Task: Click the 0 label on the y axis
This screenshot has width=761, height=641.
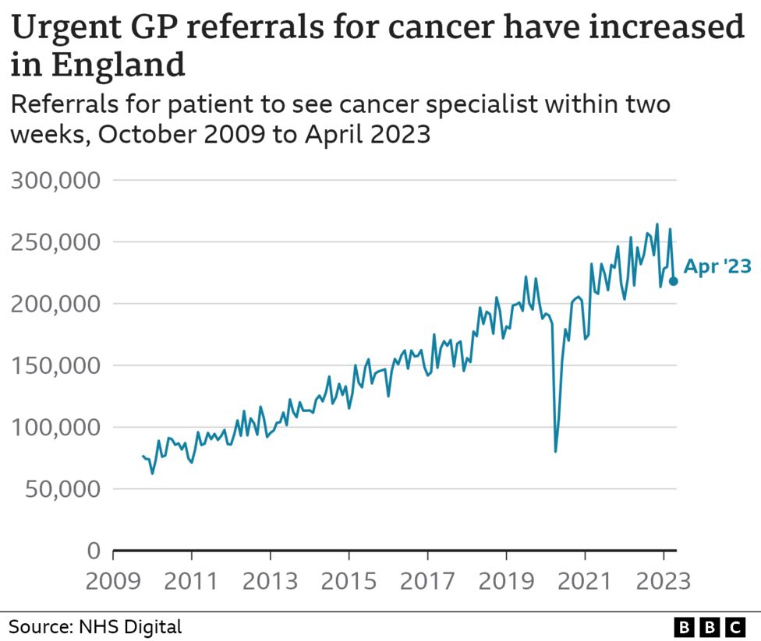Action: click(x=94, y=551)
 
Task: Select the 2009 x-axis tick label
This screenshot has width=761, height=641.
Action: click(x=113, y=581)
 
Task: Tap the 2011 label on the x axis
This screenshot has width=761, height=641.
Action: click(x=191, y=581)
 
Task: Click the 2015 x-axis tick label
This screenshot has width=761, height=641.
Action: click(x=349, y=581)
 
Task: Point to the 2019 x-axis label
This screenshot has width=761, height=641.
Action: click(x=506, y=581)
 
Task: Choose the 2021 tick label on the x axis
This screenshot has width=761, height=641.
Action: click(x=585, y=581)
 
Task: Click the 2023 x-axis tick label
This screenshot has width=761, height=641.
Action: click(x=663, y=581)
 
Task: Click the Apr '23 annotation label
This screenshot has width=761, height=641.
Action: click(x=717, y=267)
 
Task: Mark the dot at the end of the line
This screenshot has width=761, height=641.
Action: click(x=674, y=281)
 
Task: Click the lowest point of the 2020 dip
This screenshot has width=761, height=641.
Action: click(x=555, y=451)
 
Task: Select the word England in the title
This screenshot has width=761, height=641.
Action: click(x=119, y=65)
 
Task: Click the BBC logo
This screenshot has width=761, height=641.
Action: click(x=710, y=626)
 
